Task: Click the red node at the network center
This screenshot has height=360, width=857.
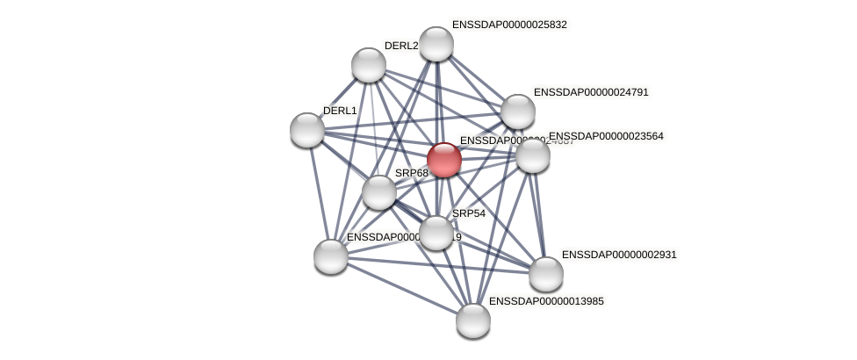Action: click(444, 160)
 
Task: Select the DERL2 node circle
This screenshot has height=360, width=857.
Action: click(369, 65)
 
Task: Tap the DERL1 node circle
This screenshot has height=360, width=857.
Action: click(307, 130)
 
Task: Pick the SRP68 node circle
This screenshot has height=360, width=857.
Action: click(379, 192)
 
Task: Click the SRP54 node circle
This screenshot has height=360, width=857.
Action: click(436, 233)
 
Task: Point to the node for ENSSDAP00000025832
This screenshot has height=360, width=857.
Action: click(436, 44)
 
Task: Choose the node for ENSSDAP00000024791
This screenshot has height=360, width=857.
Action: click(518, 112)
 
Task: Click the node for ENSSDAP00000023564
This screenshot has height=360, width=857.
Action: click(533, 155)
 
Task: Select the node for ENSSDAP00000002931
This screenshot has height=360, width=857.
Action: click(546, 274)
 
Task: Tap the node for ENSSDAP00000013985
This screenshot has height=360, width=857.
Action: click(473, 320)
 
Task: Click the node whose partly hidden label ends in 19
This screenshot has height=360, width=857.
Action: click(331, 256)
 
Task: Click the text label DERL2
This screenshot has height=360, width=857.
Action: click(401, 46)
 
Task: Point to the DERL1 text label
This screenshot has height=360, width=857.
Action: click(340, 111)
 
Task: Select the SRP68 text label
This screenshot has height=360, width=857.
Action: click(412, 173)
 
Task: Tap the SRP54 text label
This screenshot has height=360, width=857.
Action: click(469, 213)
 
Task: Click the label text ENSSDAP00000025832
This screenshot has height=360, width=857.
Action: click(509, 25)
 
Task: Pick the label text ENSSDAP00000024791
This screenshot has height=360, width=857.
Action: click(591, 92)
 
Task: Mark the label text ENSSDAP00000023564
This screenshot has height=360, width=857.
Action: click(606, 136)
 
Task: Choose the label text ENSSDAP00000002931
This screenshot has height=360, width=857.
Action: click(619, 255)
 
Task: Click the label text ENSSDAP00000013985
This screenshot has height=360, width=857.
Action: click(546, 301)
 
